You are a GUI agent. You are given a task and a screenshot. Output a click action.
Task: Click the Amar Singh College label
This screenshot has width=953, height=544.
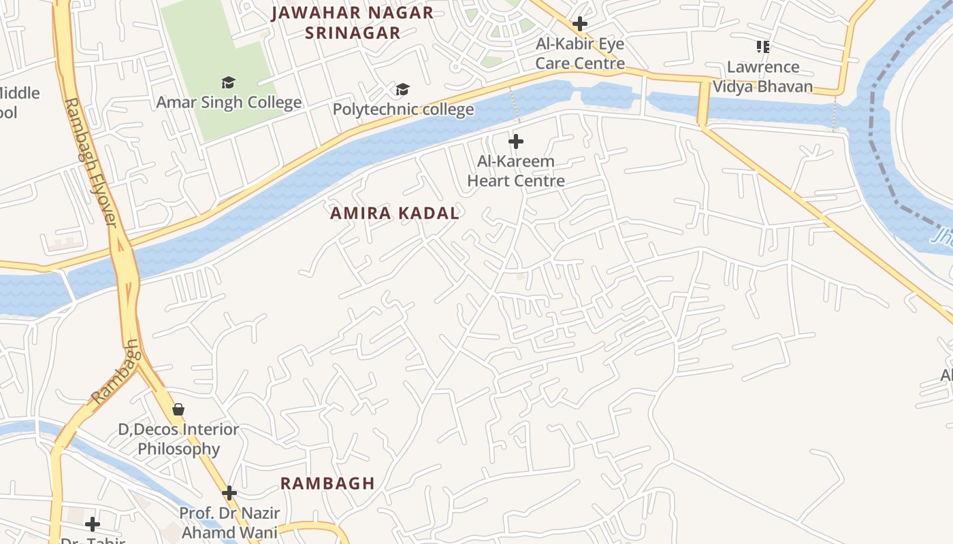click(229, 103)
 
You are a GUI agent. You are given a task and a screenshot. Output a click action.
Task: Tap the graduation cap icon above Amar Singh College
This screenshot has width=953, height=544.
click(228, 82)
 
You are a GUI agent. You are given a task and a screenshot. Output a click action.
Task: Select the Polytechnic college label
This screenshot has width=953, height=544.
click(403, 109)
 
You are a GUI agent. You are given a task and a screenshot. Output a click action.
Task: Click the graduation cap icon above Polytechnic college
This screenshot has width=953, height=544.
click(403, 89)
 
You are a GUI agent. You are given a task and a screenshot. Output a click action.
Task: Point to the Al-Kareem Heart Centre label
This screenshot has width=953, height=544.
click(516, 171)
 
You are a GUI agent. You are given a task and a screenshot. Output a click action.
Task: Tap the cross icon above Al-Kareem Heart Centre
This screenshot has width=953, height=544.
click(516, 141)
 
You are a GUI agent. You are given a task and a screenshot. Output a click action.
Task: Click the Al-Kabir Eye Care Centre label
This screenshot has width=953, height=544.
click(580, 54)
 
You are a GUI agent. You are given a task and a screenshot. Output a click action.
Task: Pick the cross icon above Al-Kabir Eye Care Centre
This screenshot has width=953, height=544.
click(580, 24)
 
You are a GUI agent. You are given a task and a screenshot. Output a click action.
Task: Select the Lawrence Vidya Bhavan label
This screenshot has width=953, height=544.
click(762, 76)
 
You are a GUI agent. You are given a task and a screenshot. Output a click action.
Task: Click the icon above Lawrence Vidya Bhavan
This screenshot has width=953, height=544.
click(763, 47)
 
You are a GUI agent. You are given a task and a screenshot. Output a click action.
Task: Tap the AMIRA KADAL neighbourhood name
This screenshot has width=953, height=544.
click(395, 214)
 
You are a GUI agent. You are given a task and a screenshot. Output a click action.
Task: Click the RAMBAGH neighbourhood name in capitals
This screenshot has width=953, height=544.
click(327, 483)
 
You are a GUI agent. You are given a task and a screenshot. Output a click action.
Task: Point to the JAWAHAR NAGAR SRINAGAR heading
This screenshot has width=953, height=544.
click(352, 22)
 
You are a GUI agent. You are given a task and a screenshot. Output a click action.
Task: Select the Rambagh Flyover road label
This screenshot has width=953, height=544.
click(91, 163)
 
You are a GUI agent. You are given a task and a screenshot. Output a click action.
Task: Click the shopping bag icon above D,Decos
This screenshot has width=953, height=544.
click(178, 409)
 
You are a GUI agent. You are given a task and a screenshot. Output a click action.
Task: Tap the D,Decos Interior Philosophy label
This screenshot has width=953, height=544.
click(179, 439)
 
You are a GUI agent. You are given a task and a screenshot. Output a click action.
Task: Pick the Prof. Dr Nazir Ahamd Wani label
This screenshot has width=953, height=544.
click(229, 522)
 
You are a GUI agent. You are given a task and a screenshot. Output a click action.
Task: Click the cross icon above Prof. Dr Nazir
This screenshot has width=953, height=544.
click(229, 492)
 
